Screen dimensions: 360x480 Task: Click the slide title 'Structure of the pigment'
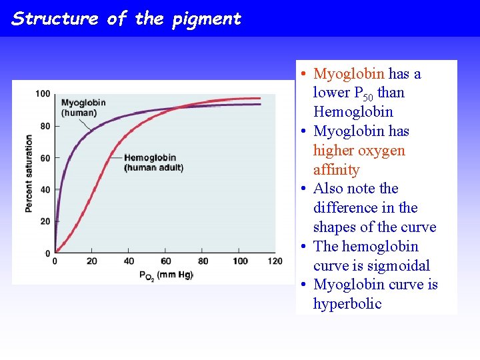126,19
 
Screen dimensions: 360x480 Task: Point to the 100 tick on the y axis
43,94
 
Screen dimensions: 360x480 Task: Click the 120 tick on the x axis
275,261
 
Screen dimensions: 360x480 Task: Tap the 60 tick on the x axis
166,261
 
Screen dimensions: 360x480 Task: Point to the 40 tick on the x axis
129,261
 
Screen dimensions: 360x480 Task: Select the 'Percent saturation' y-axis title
29,173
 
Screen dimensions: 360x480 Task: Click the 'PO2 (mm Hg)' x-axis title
165,275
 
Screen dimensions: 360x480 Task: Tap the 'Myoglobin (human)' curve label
83,107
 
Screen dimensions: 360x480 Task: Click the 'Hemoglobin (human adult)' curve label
154,163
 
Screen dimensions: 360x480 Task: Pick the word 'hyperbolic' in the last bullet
347,304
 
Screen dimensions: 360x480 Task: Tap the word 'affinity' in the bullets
336,169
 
